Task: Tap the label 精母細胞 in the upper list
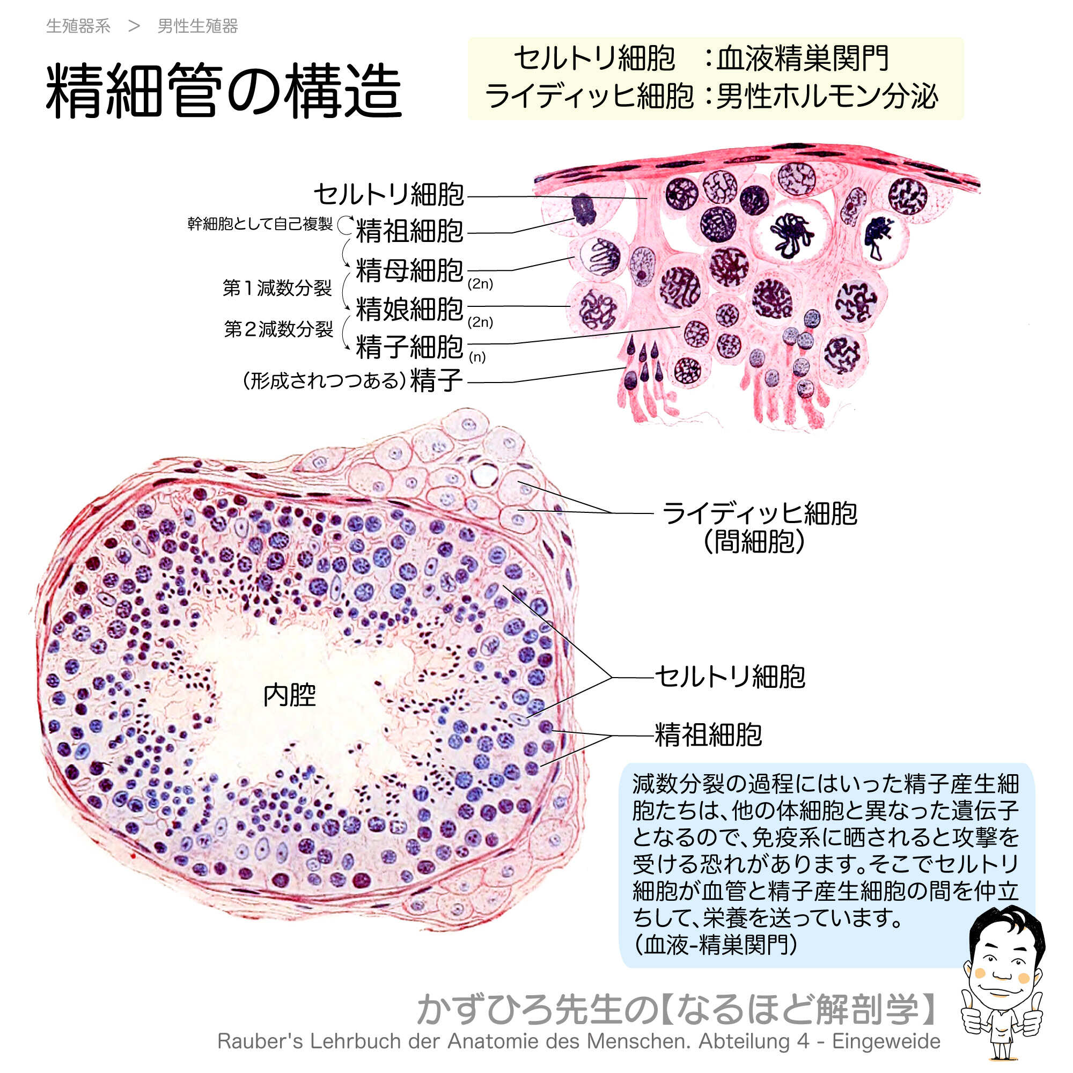(x=409, y=270)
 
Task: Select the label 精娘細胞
(x=409, y=309)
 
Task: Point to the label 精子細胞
(x=409, y=347)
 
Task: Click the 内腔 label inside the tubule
(x=289, y=695)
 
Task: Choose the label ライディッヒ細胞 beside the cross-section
(x=759, y=513)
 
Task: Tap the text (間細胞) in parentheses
(x=754, y=541)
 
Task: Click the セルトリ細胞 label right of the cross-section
(x=730, y=677)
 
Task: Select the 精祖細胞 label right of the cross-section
(x=708, y=736)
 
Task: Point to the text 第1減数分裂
(x=277, y=288)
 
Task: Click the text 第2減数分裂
(x=278, y=329)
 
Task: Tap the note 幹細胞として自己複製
(x=260, y=224)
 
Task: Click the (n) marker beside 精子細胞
(x=477, y=357)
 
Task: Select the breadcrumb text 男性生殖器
(x=198, y=26)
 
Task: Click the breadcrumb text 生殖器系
(x=78, y=26)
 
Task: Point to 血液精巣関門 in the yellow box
(x=803, y=58)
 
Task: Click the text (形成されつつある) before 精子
(x=324, y=381)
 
